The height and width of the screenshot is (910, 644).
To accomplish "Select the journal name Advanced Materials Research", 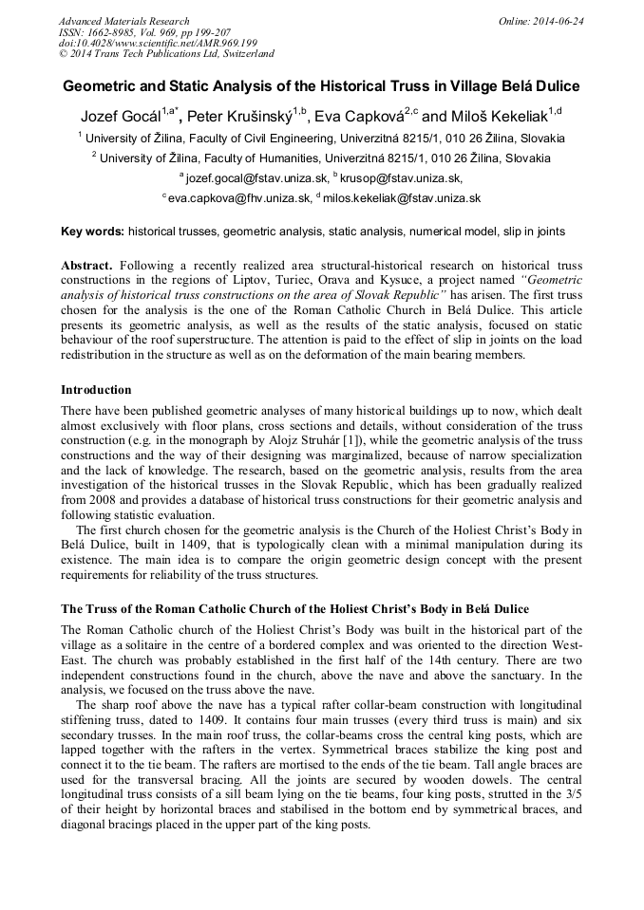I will pos(123,21).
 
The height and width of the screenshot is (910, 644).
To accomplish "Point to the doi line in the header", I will pos(158,43).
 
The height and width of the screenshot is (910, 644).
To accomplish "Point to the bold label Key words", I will pos(92,232).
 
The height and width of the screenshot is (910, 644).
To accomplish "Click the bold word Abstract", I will pos(88,266).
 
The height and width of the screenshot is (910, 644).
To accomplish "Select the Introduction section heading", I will pos(96,389).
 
